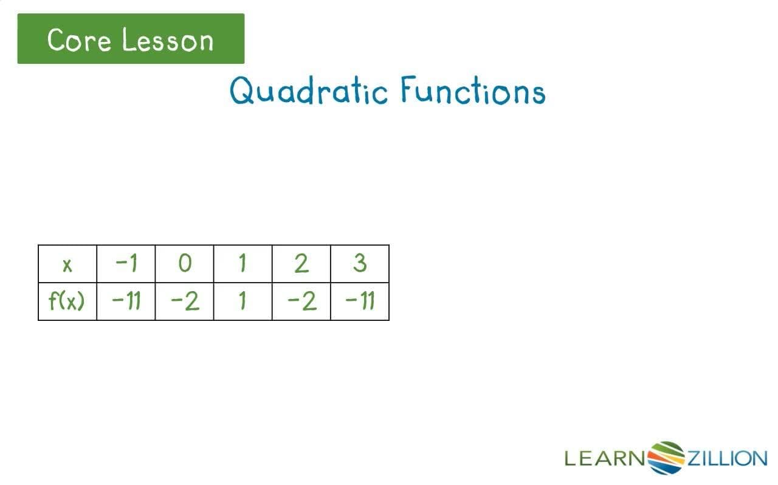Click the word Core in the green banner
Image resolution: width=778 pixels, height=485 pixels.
point(80,40)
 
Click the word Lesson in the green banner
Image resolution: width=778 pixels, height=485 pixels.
point(167,40)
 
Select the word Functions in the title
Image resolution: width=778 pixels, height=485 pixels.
point(472,91)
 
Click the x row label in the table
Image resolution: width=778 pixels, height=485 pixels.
point(67,264)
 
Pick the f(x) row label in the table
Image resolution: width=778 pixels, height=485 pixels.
point(66,301)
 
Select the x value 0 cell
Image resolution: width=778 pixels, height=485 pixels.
point(184,264)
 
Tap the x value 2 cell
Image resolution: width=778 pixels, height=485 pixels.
point(301,264)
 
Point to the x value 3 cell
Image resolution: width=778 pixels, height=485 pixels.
point(360,264)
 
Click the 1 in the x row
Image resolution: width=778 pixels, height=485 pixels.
point(243,264)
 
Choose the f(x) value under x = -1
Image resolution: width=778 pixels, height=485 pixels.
point(126,301)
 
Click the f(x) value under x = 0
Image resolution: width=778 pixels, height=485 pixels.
point(184,301)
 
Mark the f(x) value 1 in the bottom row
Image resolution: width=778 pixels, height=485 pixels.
point(243,301)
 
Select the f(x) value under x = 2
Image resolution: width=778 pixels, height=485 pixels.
point(301,301)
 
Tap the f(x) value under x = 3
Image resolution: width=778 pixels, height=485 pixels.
point(360,301)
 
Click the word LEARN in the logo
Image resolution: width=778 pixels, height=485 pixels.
point(605,458)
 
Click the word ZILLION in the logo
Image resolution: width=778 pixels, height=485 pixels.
point(726,458)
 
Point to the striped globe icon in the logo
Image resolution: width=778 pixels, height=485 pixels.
point(666,457)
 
